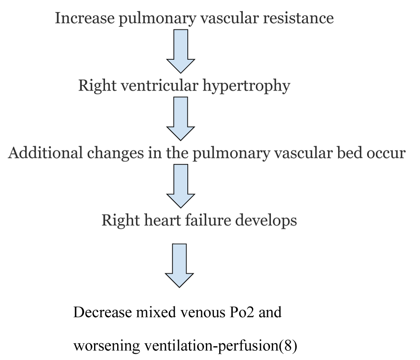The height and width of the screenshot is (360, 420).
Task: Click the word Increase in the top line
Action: (85, 18)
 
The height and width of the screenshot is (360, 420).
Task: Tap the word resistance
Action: (298, 18)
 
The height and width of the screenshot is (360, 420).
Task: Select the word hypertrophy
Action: (246, 86)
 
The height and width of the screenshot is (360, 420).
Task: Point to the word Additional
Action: (45, 153)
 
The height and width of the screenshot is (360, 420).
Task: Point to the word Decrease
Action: (102, 312)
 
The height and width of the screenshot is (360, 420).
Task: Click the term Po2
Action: (242, 312)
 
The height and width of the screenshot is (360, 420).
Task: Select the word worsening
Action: (107, 346)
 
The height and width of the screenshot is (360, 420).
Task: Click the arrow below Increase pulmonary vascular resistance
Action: (181, 51)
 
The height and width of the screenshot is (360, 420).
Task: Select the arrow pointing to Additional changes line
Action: (181, 118)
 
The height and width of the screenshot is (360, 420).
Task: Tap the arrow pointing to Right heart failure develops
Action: (181, 186)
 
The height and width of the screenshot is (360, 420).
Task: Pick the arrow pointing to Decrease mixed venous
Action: (179, 265)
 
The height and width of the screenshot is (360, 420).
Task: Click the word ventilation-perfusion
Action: (212, 346)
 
